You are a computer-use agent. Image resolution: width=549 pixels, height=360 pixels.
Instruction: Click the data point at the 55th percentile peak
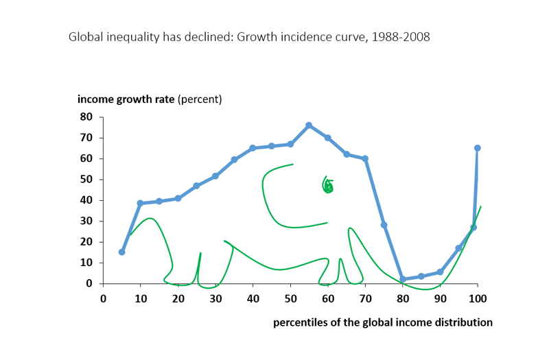coord(309,125)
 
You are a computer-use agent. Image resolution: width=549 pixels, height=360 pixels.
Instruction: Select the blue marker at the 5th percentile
coord(121,252)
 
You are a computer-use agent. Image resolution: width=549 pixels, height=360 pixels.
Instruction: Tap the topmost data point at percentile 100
coord(477,148)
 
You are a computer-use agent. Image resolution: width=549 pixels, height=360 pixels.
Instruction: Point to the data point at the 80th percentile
coord(403,279)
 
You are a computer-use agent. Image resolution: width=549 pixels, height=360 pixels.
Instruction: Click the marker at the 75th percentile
coord(384,225)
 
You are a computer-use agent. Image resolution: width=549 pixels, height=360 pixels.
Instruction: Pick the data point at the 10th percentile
coord(140,203)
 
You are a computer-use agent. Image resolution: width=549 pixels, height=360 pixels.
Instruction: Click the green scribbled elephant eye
coord(328,185)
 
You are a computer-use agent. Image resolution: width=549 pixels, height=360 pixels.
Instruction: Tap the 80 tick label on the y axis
coord(86,117)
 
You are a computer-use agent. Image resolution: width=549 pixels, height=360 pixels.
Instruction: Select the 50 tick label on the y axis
coord(86,179)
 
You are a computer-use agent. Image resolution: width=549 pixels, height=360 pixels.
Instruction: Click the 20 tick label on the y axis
coord(86,241)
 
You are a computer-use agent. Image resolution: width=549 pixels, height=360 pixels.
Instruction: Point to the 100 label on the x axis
coord(478,298)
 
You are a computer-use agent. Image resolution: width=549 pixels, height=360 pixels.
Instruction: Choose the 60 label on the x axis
coord(328,298)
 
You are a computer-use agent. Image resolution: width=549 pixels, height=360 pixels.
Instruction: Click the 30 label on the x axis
coord(215,298)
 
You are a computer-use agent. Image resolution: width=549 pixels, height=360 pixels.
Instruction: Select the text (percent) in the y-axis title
coord(200,99)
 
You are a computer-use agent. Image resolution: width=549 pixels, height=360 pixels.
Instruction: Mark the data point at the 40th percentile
coord(253,148)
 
